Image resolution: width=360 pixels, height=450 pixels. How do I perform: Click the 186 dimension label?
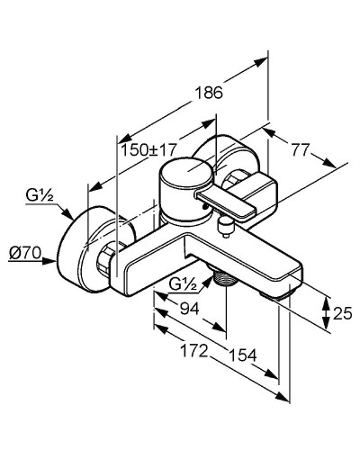click(x=209, y=93)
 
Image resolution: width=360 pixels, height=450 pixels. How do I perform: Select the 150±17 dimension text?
click(x=148, y=149)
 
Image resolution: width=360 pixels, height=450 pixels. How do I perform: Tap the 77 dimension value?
click(x=301, y=150)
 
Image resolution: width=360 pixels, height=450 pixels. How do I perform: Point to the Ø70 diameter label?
click(x=24, y=254)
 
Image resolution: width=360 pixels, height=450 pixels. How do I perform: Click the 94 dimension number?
click(x=189, y=308)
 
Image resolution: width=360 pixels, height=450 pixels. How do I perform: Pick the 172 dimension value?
click(x=194, y=350)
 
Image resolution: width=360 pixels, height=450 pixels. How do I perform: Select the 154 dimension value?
click(x=243, y=355)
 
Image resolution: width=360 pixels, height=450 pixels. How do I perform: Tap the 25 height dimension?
click(x=342, y=314)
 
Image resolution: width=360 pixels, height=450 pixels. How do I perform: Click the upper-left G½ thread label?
click(x=40, y=196)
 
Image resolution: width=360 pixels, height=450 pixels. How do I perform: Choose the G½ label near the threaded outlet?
click(x=183, y=283)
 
